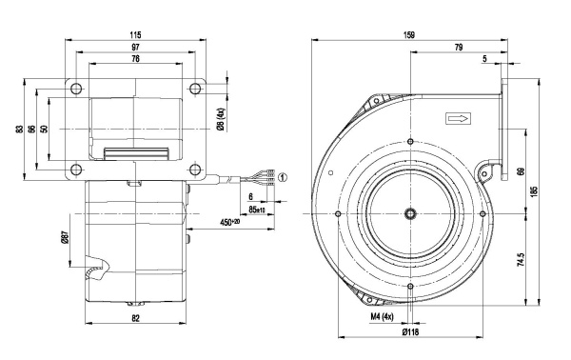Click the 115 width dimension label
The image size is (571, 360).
[x=135, y=35]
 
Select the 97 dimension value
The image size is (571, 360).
[x=135, y=47]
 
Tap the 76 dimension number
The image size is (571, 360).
[x=135, y=59]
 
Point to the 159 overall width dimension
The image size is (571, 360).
[x=409, y=35]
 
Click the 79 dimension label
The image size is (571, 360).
[x=459, y=47]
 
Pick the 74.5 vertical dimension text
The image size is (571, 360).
[x=521, y=260]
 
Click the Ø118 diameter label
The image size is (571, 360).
[x=410, y=332]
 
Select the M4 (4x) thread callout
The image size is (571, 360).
[x=382, y=317]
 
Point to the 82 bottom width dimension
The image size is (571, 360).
[x=135, y=318]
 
